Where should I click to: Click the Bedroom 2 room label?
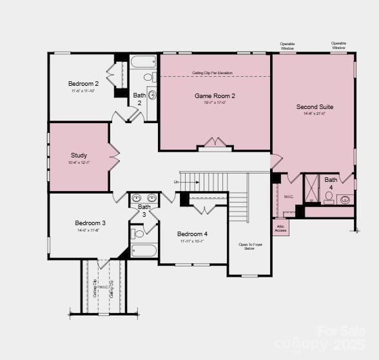pyautogui.click(x=83, y=83)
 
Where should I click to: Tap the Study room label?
pyautogui.click(x=79, y=155)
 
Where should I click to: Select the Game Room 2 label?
pyautogui.click(x=215, y=96)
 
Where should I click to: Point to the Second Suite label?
pyautogui.click(x=315, y=107)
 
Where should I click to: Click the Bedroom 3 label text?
pyautogui.click(x=90, y=223)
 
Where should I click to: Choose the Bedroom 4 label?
pyautogui.click(x=192, y=234)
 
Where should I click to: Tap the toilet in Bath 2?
pyautogui.click(x=148, y=77)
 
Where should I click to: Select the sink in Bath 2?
pyautogui.click(x=152, y=95)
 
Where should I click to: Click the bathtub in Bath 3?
pyautogui.click(x=143, y=250)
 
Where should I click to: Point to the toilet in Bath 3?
pyautogui.click(x=138, y=234)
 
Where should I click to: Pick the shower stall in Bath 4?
pyautogui.click(x=311, y=188)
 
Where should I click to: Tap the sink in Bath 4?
pyautogui.click(x=345, y=200)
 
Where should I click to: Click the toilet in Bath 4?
pyautogui.click(x=329, y=196)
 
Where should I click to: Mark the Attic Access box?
pyautogui.click(x=280, y=227)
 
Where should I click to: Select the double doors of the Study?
pyautogui.click(x=114, y=155)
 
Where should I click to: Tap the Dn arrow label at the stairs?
pyautogui.click(x=177, y=183)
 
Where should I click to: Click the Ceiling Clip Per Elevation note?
pyautogui.click(x=213, y=73)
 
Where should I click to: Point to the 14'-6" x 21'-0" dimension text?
pyautogui.click(x=315, y=114)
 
